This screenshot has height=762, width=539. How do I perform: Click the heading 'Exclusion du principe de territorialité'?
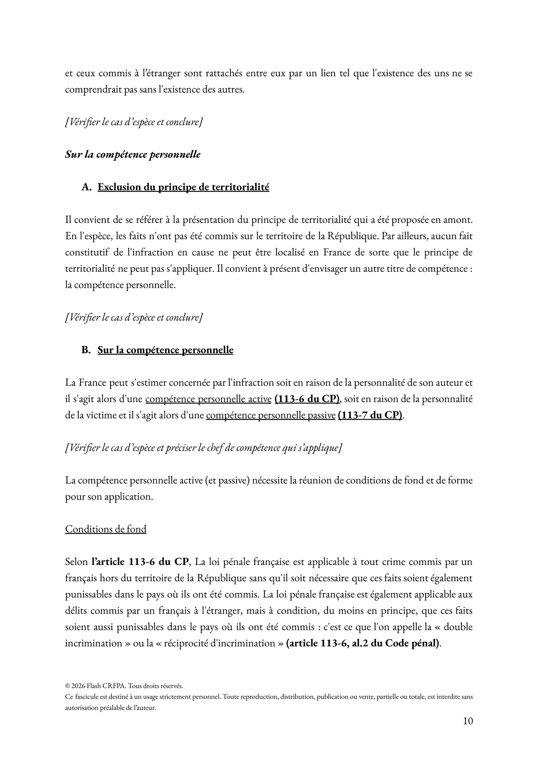(x=183, y=187)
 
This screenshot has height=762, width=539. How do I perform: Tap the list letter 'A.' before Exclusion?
(x=87, y=187)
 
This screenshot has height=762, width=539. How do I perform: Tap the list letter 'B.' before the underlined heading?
(x=86, y=350)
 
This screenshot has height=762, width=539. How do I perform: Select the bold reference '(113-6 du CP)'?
(x=307, y=399)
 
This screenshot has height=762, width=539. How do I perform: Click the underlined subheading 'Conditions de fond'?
(x=106, y=529)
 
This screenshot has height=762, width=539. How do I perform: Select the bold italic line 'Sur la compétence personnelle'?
(x=132, y=155)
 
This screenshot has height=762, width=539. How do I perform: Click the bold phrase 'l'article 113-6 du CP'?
(x=141, y=562)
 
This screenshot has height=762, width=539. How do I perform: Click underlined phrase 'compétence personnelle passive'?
(x=270, y=415)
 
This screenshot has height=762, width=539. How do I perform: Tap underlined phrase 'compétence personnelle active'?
(x=208, y=399)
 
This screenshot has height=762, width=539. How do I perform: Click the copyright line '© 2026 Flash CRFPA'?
(x=123, y=686)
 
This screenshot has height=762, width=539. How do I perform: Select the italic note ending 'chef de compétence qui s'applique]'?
(x=203, y=448)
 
